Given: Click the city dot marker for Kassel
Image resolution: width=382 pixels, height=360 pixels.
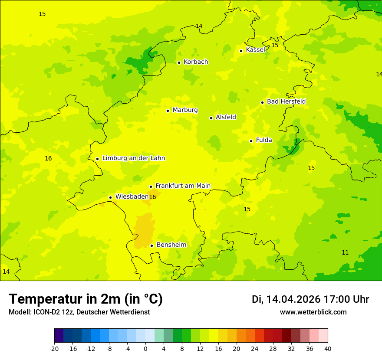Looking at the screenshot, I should (x=241, y=51).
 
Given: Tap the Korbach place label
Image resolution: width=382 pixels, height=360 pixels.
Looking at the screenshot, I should (x=195, y=62).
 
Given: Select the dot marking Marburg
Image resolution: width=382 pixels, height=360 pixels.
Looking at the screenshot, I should (x=168, y=111).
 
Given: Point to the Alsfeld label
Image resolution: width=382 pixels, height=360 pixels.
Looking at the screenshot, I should (x=226, y=117).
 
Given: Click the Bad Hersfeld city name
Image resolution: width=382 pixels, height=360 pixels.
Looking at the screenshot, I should (x=286, y=101).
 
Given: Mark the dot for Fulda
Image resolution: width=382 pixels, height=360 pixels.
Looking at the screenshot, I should (x=251, y=141).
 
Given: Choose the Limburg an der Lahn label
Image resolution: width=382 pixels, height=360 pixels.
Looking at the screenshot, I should (x=133, y=158).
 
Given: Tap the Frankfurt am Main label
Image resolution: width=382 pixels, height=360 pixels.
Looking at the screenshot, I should (x=183, y=186).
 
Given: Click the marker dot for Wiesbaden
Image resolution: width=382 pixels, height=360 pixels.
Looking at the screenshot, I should (x=110, y=197).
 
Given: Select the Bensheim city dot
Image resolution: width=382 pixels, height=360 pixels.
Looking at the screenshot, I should (x=151, y=245).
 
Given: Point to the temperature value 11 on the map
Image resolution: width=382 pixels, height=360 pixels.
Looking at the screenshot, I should (x=345, y=252).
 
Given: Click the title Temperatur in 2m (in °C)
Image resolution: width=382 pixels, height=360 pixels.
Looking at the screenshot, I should (x=86, y=299).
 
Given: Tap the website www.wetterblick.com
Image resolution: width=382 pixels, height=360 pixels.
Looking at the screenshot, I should (x=313, y=312).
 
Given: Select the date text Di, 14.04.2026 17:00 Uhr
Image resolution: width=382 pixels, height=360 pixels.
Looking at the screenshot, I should (x=310, y=299).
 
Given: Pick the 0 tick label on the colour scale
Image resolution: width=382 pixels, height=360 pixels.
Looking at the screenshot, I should (x=145, y=349).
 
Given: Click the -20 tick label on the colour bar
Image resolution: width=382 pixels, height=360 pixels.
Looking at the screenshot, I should (x=54, y=349).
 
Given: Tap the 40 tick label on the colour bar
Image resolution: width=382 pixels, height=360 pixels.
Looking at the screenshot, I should (x=328, y=349).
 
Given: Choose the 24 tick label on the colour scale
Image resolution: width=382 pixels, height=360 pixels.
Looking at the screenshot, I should (x=255, y=349).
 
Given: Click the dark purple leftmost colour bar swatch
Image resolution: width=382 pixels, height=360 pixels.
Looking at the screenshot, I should (x=59, y=336).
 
